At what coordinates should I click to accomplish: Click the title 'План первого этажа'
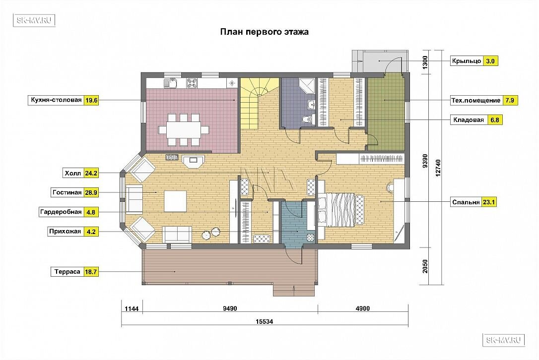click(264, 32)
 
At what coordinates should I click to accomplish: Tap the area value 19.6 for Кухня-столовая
click(91, 100)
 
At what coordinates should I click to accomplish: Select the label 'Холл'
click(73, 173)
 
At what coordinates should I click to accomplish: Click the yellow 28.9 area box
click(91, 193)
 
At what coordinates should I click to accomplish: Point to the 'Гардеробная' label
click(61, 212)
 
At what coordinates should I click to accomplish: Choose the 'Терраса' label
click(67, 272)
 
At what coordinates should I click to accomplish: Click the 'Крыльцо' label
click(467, 61)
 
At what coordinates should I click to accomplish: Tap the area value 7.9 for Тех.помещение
click(510, 100)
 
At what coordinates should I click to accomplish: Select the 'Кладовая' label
click(469, 120)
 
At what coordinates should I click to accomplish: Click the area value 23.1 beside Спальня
click(488, 202)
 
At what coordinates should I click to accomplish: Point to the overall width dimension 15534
click(264, 322)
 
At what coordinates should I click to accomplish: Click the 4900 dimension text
click(363, 308)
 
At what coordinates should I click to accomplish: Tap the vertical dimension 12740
click(438, 168)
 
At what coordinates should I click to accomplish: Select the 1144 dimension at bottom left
click(132, 309)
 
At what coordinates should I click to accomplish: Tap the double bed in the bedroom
click(340, 209)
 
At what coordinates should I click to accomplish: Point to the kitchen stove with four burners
click(192, 82)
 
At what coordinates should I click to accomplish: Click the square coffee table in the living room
click(175, 201)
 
